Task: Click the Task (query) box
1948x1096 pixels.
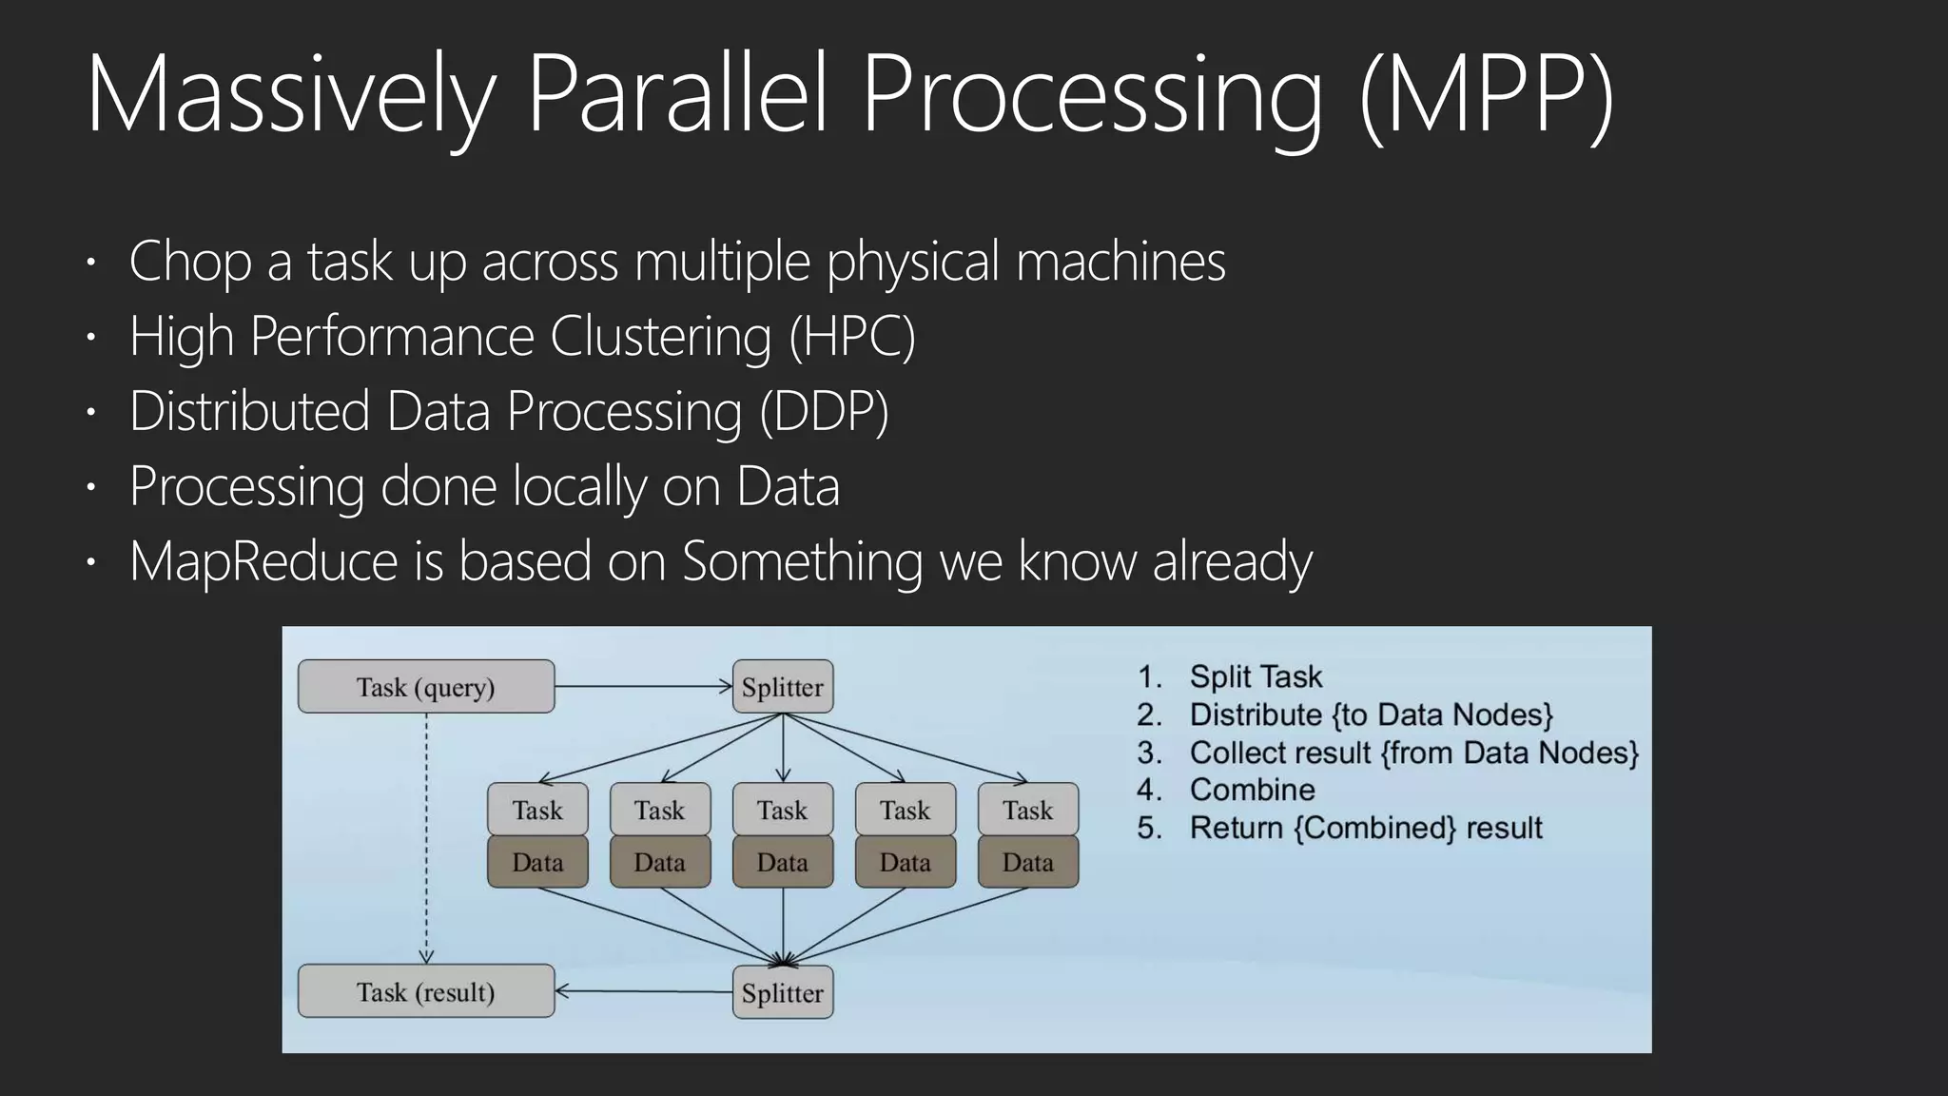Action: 425,687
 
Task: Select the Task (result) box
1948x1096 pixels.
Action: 425,991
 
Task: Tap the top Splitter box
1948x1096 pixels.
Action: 783,687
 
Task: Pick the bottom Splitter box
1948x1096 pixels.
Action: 783,992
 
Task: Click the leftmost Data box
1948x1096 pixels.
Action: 537,862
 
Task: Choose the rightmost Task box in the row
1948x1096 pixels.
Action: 1027,810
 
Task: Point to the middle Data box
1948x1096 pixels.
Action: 783,862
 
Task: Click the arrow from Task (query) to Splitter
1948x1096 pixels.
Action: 643,686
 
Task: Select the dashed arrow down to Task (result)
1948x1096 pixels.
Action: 426,837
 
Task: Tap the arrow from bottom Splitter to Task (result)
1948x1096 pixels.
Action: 643,991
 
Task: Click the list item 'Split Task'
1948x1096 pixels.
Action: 1256,676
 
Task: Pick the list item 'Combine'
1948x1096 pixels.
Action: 1252,790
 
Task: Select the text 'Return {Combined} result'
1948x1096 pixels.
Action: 1366,828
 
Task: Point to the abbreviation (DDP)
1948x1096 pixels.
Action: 824,411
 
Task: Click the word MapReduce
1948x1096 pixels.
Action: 263,560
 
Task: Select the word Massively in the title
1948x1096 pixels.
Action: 290,95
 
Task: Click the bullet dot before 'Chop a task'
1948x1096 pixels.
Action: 90,261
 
